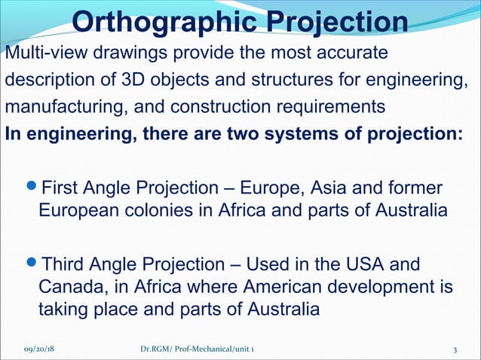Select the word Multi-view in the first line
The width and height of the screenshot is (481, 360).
(42, 54)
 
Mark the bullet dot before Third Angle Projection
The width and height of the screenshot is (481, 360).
(31, 266)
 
